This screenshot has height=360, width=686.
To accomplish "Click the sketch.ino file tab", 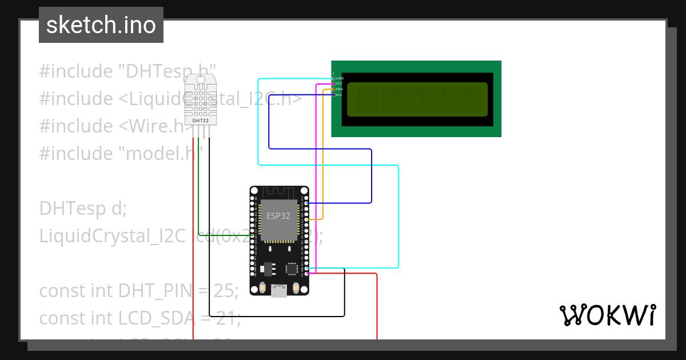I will point(101,25).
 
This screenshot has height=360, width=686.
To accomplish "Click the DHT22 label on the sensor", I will point(200,121).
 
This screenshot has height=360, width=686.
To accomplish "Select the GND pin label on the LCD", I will point(340,78).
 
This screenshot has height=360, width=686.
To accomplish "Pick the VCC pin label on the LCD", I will point(339,83).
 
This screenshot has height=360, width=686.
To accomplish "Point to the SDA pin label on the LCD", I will point(339,89).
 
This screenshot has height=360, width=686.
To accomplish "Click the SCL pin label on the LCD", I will point(339,95).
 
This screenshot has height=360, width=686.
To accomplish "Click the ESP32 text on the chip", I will point(278,217).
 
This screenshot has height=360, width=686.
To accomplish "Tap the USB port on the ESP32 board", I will point(279,291).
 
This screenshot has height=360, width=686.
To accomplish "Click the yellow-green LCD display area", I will point(417,99).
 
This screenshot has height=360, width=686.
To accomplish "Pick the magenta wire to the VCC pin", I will point(316,171).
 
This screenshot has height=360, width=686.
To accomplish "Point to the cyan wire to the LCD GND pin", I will point(258,126).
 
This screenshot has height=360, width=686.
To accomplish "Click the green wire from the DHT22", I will point(198,189).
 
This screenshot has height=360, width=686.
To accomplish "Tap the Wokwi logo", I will point(607,315).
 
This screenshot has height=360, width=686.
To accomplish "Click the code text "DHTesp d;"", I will point(82,209).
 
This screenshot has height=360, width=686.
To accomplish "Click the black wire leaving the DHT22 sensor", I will point(209,229).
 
